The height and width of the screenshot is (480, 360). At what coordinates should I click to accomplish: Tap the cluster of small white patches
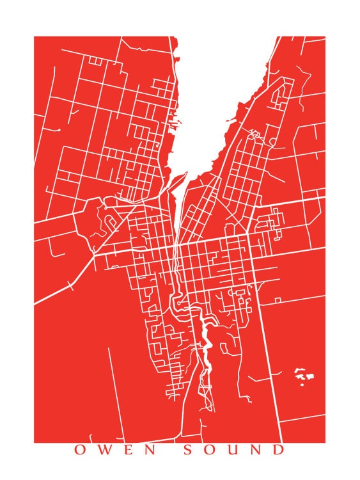pyautogui.click(x=303, y=376)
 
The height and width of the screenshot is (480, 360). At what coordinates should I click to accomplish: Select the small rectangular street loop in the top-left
pyautogui.click(x=95, y=61)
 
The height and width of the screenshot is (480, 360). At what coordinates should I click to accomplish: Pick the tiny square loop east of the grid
pyautogui.click(x=278, y=300)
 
